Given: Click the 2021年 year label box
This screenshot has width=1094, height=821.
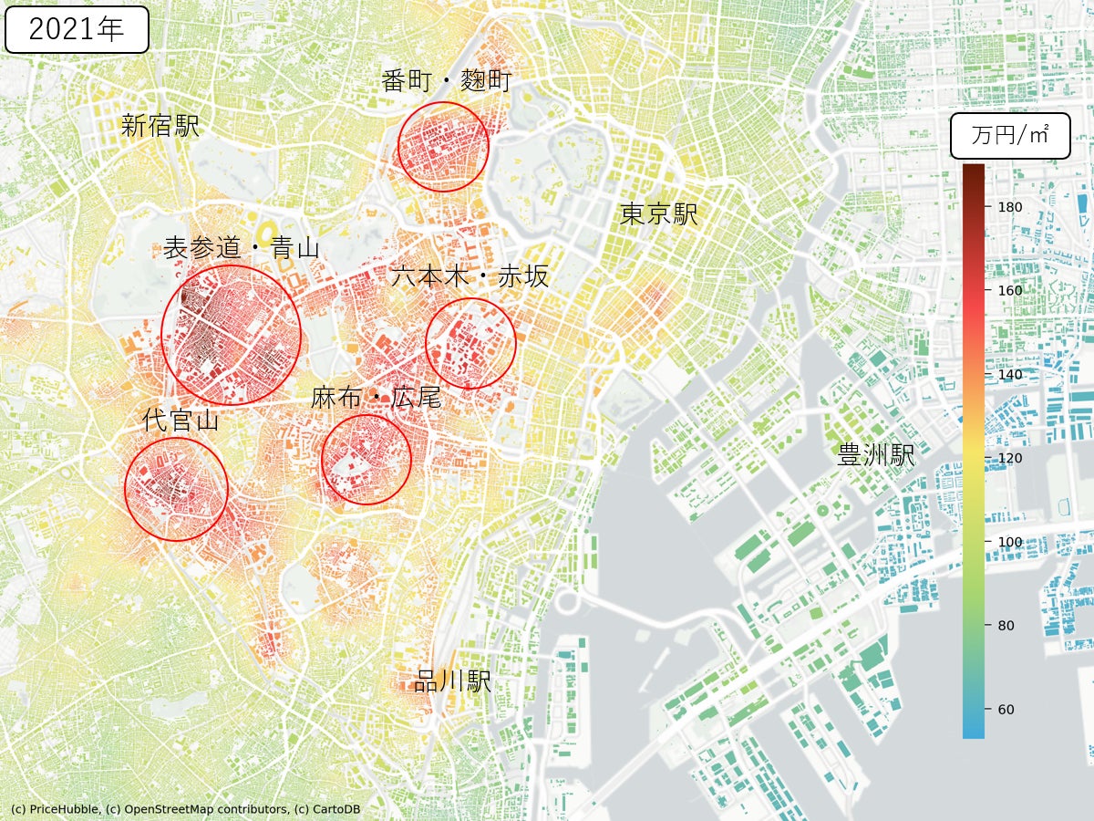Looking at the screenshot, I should [77, 29].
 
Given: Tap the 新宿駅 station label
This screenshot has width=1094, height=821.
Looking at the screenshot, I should [160, 126].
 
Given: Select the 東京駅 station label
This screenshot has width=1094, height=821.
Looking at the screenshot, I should [659, 214].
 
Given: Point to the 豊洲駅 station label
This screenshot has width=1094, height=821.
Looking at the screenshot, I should [876, 455].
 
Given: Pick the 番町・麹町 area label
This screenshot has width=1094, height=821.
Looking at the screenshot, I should [447, 81].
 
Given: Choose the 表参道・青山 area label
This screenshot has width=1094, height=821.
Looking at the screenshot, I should [242, 247].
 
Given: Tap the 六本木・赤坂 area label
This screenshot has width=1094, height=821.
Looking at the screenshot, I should [470, 276].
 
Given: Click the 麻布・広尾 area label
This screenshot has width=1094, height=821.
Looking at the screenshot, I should [376, 398].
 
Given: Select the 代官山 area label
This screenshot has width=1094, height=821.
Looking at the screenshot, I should [181, 420].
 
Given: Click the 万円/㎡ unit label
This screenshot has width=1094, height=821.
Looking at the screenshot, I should [1009, 137].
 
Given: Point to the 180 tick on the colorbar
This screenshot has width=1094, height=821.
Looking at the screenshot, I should [1010, 207].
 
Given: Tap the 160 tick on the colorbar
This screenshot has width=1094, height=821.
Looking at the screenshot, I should [1010, 291].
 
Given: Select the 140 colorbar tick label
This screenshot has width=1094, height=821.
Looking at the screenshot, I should [1010, 375].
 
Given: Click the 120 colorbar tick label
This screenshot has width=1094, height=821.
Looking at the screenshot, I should [1010, 458].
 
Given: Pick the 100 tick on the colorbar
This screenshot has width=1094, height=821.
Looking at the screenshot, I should [1010, 542].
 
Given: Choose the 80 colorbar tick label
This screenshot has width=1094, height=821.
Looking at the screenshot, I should [1006, 626].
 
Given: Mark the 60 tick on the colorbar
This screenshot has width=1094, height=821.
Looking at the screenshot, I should [1006, 710].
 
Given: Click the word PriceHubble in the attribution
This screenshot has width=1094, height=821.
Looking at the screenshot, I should [63, 809].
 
